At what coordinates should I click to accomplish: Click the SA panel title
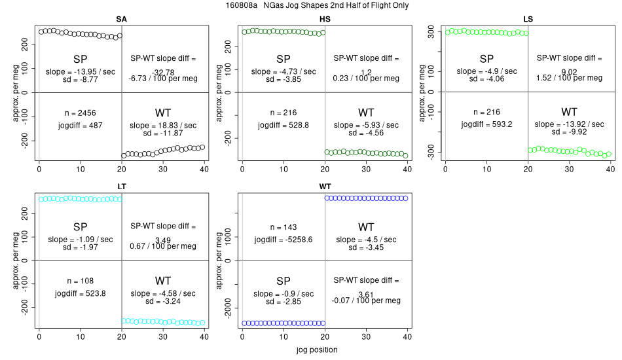[x=122, y=19]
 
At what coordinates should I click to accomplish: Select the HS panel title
[x=324, y=19]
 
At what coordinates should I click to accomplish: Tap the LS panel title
[x=528, y=19]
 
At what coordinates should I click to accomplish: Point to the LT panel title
[x=122, y=187]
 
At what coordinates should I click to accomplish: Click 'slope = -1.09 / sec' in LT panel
[x=80, y=239]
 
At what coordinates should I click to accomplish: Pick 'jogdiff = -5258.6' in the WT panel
[x=283, y=239]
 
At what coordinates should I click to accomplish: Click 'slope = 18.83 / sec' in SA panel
[x=163, y=124]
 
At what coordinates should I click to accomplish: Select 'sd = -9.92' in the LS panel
[x=569, y=132]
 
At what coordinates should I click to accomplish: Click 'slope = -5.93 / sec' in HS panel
[x=366, y=124]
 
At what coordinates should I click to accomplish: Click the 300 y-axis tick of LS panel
[x=431, y=31]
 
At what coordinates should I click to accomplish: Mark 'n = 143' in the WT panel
[x=283, y=227]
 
